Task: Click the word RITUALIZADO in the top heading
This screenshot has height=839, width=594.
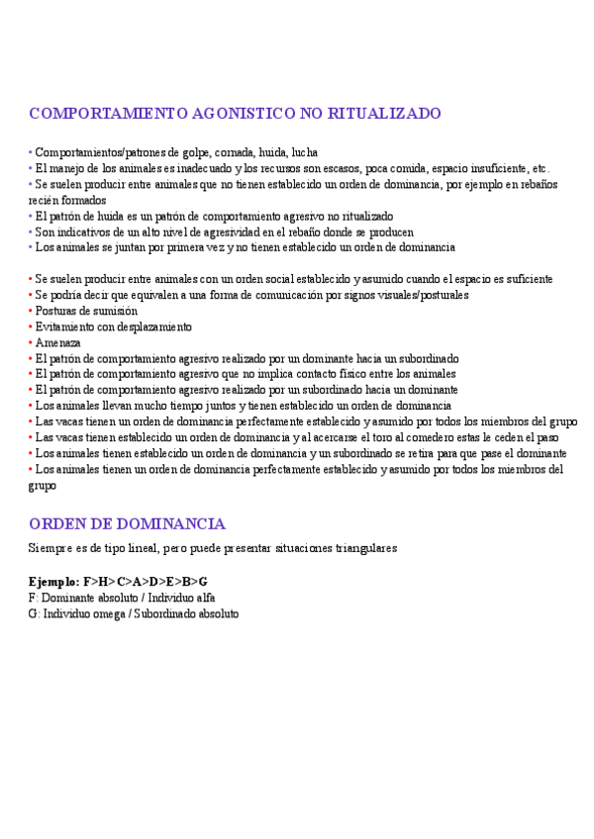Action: [x=386, y=114]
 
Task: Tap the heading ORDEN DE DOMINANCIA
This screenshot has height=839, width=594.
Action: [x=128, y=523]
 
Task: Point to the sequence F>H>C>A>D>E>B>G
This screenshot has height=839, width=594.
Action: [x=146, y=581]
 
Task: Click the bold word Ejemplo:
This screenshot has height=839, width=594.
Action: [x=55, y=581]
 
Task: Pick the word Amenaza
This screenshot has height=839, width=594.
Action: [x=58, y=342]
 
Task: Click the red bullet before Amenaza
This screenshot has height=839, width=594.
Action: [x=32, y=342]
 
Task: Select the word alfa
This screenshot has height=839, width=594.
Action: [x=204, y=598]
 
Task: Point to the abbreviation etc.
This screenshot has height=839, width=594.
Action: [x=540, y=168]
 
